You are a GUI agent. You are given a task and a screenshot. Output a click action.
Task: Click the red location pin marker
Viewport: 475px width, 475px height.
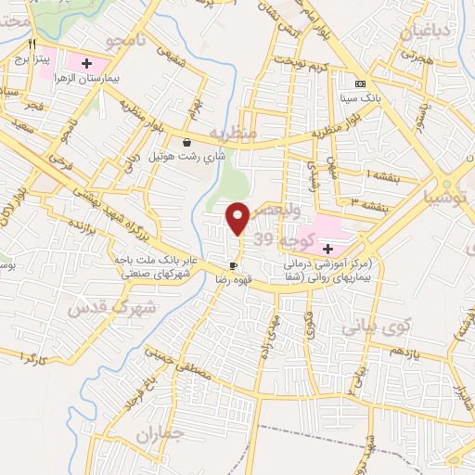coord(237,217)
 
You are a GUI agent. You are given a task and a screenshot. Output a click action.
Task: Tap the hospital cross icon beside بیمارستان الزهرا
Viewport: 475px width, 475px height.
coord(86,64)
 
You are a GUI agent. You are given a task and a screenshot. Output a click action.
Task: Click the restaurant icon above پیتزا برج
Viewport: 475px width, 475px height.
coord(32,44)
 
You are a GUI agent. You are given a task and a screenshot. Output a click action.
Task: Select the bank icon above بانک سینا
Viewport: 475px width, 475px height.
coord(361,83)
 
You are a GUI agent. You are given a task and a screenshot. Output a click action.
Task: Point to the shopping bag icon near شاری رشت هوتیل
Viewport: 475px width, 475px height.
coord(188,143)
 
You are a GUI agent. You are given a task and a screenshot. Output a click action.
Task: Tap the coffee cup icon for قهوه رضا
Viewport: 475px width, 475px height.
coord(232,264)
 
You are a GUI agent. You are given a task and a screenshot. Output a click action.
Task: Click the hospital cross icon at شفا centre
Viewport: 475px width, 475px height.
coord(327,248)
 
